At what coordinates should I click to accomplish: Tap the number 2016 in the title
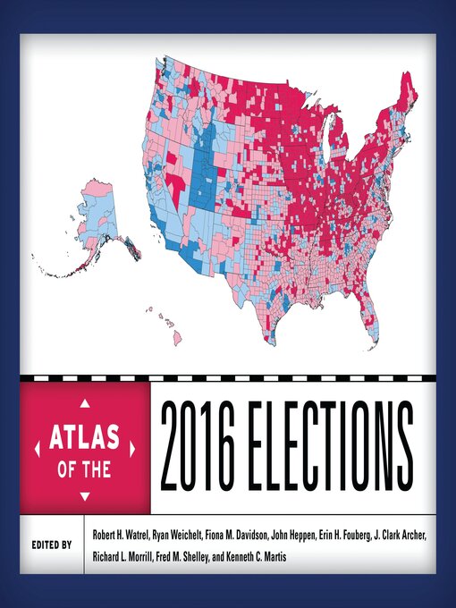coord(211,443)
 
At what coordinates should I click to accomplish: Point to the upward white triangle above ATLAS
coord(84,401)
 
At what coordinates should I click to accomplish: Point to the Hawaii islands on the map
coord(170,327)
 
